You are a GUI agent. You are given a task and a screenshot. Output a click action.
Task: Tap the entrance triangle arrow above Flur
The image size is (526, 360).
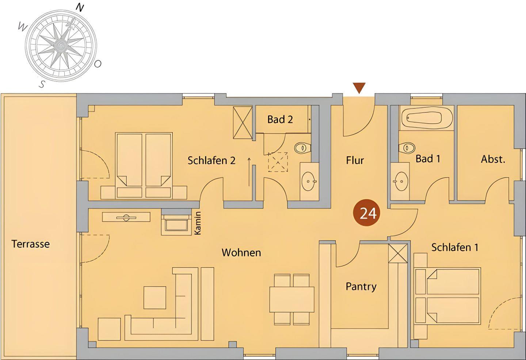click(359, 88)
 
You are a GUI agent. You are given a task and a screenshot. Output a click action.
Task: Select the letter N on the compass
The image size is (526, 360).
click(80, 8)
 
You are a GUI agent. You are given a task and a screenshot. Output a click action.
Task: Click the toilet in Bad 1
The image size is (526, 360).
click(407, 148)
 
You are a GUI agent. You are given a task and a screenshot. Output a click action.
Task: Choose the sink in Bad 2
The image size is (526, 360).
click(309, 181)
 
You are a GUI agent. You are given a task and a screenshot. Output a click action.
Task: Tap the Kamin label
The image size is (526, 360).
click(198, 223)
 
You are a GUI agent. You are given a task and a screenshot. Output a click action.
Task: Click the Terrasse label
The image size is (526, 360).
click(31, 244)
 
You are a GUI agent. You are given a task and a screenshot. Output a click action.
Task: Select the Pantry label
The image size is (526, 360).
click(361, 287)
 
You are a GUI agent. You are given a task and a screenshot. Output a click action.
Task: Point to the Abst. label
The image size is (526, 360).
click(493, 159)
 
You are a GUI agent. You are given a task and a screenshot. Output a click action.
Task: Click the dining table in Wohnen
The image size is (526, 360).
click(291, 299)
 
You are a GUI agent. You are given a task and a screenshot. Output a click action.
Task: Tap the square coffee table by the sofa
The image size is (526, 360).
click(155, 298)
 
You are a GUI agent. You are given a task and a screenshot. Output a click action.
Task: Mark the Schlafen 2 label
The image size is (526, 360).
click(211, 161)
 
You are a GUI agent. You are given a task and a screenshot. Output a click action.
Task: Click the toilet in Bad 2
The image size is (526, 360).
click(303, 148)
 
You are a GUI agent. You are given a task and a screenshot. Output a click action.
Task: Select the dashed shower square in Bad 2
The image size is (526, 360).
click(278, 162)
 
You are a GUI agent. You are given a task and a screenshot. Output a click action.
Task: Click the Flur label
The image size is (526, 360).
click(355, 161)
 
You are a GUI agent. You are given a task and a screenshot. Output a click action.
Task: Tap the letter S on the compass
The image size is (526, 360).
click(42, 84)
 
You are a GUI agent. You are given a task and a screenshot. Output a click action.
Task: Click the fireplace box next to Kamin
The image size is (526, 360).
click(176, 225)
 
